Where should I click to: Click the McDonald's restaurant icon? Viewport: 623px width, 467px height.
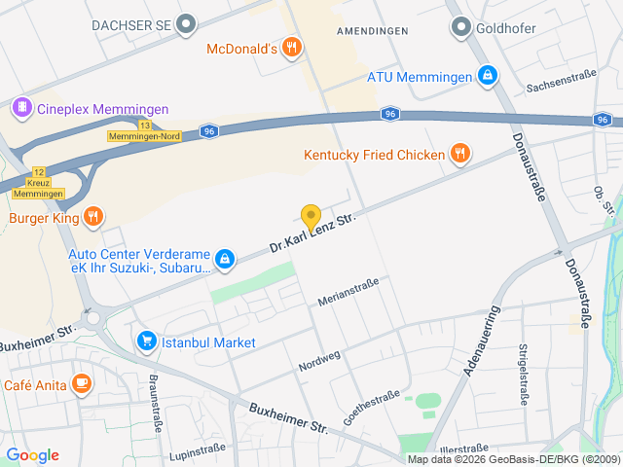click(x=291, y=49)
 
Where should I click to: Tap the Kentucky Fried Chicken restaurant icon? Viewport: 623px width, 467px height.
click(x=459, y=154)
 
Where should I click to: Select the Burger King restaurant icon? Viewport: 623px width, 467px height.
click(x=93, y=217)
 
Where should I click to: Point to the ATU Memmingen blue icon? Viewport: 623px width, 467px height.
click(x=487, y=76)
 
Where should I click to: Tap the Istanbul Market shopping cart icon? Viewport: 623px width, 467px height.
click(x=147, y=341)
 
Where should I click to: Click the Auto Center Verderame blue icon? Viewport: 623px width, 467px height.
click(x=225, y=258)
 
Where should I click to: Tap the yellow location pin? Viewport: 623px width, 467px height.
click(x=311, y=218)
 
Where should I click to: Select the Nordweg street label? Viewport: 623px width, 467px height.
click(x=319, y=359)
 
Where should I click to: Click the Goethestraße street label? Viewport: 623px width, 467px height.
click(x=371, y=408)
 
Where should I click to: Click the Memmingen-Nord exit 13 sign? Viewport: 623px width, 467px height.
click(x=143, y=131)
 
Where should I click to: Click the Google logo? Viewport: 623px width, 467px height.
click(x=32, y=455)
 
